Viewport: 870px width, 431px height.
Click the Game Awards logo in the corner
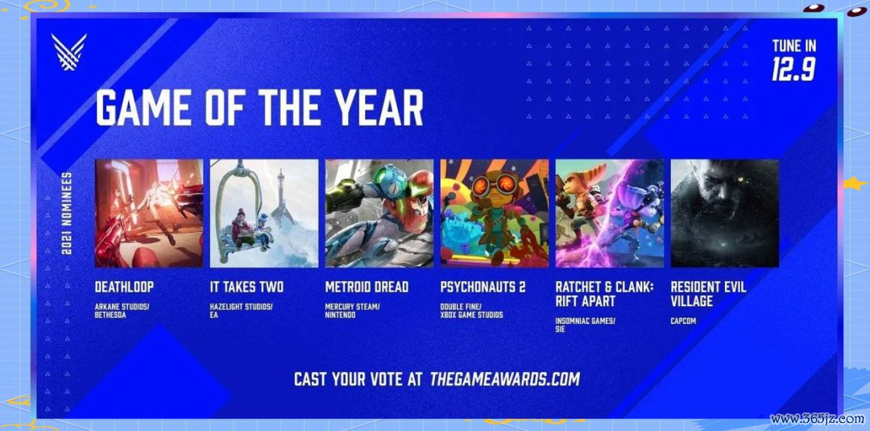[68, 52]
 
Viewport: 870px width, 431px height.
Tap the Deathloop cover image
[149, 213]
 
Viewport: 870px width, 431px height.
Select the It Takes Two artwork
[264, 213]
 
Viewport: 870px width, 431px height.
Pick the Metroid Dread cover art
[379, 213]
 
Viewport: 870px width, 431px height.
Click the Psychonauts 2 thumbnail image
[495, 213]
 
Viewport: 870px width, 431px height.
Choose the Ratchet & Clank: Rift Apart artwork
[610, 213]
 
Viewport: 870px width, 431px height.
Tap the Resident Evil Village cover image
[725, 213]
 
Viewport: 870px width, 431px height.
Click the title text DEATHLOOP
[124, 287]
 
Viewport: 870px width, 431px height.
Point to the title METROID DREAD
[367, 287]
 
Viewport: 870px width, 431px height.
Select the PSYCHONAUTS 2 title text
[483, 287]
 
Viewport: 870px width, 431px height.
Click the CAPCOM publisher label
[683, 321]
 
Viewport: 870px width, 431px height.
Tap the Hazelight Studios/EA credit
[242, 311]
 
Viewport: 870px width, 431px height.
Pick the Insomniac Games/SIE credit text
[586, 325]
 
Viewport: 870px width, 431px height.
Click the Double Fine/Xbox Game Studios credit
[471, 311]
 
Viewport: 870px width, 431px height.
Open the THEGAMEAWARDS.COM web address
[505, 379]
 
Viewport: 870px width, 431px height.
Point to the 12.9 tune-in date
[793, 70]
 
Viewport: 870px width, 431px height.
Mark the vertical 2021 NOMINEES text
[66, 213]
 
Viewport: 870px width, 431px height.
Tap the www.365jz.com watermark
[818, 420]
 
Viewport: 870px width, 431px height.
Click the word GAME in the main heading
[145, 107]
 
